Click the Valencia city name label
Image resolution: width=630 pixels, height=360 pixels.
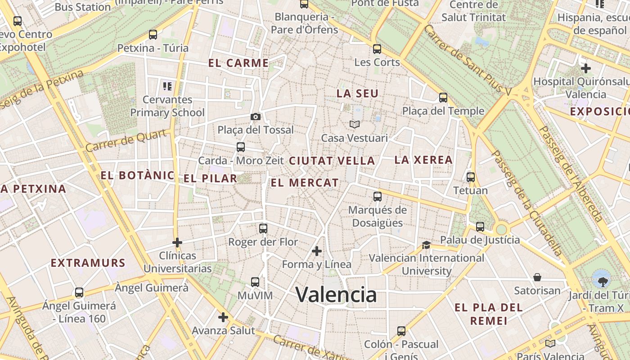pos(336,295)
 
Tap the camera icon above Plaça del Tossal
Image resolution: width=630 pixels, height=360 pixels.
pos(256,117)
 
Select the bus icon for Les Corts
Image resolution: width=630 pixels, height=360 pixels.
pos(377,49)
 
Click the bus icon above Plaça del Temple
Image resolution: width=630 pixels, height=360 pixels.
pos(443,98)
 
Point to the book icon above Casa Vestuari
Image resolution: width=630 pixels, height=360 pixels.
pos(355,124)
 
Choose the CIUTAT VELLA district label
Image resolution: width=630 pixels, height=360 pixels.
pos(332,161)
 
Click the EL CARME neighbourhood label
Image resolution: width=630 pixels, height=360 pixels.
pos(238,63)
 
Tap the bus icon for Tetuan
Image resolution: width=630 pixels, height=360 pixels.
pos(471,177)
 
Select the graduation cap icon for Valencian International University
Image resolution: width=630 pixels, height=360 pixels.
pos(426,245)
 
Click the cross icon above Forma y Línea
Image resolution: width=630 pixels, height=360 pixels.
pos(317,251)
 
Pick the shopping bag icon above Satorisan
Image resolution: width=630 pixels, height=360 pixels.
pos(537,277)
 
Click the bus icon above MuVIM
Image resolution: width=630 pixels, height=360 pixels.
pos(255,282)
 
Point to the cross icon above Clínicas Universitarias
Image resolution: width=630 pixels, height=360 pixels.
pos(177,243)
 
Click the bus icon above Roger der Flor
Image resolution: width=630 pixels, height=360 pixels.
pos(263,229)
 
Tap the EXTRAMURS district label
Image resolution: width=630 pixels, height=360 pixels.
pos(88,263)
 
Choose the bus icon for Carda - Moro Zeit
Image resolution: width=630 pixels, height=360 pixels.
pos(241,147)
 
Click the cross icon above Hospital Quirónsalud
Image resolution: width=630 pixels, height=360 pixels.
pos(585,68)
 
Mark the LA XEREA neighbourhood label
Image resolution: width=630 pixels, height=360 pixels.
pos(423,160)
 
